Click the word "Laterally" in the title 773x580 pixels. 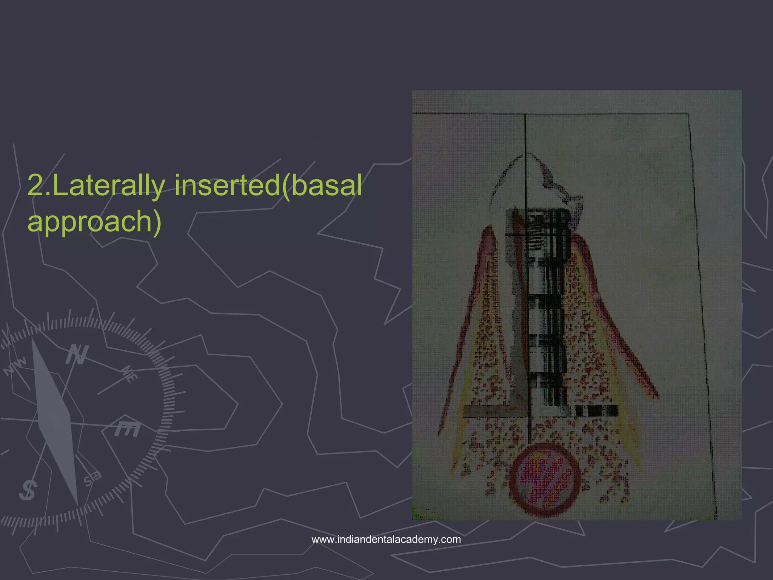(109, 186)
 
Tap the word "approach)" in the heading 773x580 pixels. (94, 222)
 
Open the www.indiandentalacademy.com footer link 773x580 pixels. (386, 539)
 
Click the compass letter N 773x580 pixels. (77, 355)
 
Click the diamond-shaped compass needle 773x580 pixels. (55, 419)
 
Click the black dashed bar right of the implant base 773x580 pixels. (596, 411)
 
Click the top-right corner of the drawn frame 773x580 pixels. (689, 114)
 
